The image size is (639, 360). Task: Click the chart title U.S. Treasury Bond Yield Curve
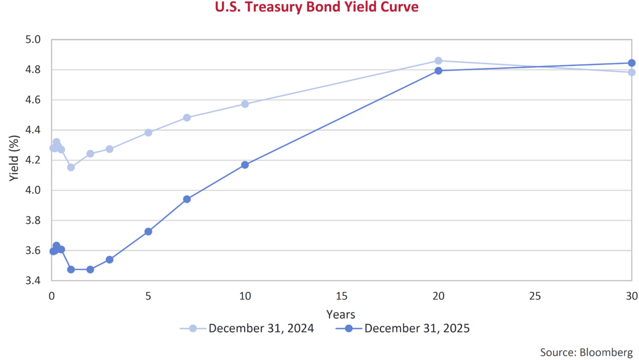tap(317, 7)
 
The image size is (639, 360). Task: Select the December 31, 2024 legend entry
tap(261, 328)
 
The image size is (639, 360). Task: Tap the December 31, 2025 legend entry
tap(417, 328)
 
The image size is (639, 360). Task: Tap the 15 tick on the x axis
tap(341, 296)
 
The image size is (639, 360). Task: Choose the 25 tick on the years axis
tap(535, 296)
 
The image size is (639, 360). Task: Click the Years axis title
tap(341, 314)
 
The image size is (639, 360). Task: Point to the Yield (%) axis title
tap(14, 160)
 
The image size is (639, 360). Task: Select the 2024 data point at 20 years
tap(438, 61)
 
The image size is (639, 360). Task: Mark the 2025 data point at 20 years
tap(438, 71)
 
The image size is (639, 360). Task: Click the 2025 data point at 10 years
tap(245, 165)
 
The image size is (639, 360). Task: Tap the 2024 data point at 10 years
tap(245, 104)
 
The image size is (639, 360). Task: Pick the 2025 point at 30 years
tap(632, 63)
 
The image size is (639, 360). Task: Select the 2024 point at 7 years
tap(187, 118)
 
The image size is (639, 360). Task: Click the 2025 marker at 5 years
tap(148, 232)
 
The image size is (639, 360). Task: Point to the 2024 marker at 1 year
tap(71, 167)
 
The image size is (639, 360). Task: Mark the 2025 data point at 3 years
tap(109, 260)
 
